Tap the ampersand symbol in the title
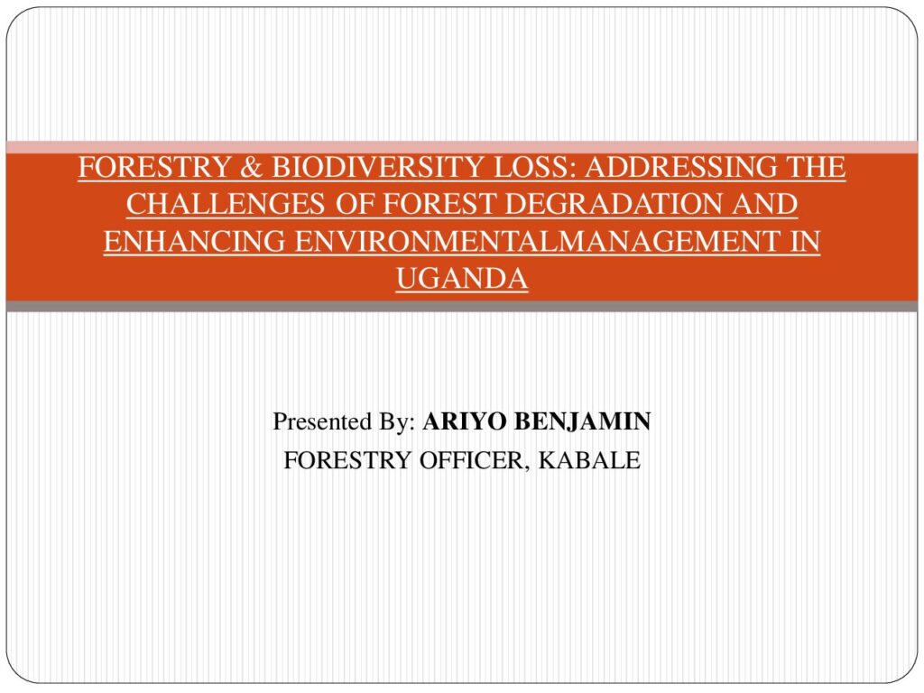coord(251,167)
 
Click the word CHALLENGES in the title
coord(225,205)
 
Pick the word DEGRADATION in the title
coord(614,205)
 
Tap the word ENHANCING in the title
coord(195,242)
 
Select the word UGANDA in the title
coord(462,279)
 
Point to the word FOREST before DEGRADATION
coord(439,205)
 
